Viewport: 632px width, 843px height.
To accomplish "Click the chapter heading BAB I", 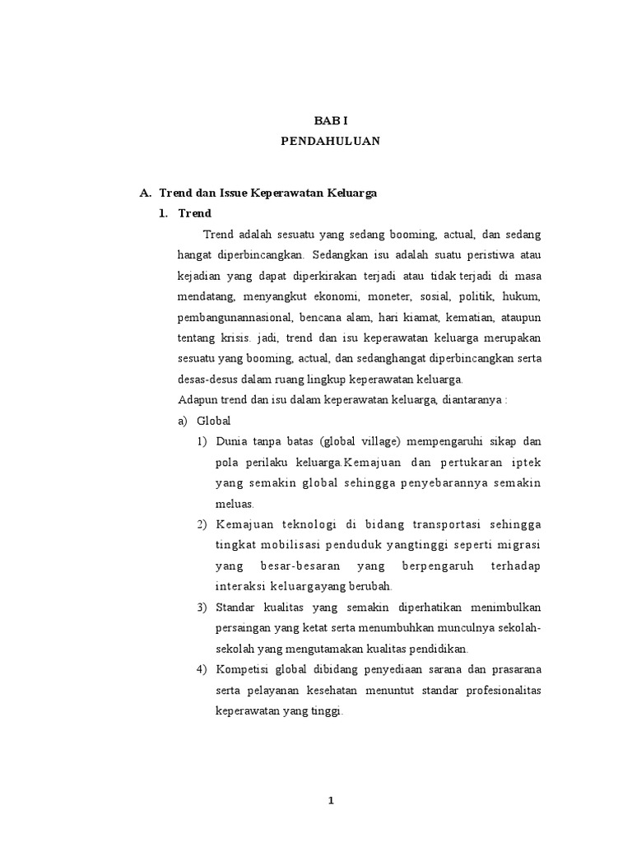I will tap(330, 120).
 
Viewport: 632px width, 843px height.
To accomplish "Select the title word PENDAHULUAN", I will tap(330, 141).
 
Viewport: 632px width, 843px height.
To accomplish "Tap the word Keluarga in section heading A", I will tap(349, 193).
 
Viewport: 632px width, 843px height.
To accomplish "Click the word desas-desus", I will tap(206, 380).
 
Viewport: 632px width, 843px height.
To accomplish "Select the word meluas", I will tap(235, 503).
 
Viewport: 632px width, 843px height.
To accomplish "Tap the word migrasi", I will tap(520, 545).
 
